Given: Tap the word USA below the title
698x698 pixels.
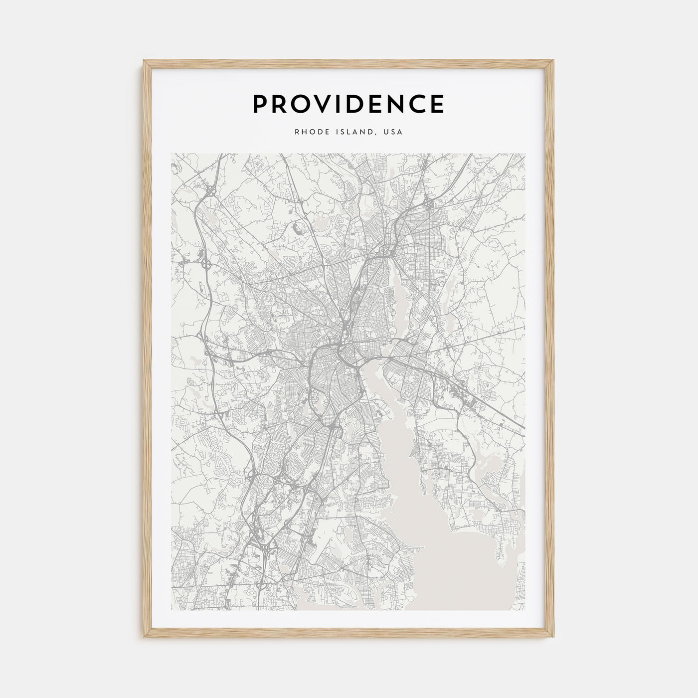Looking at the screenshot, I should tap(393, 133).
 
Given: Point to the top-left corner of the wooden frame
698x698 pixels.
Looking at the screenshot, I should tap(145, 61).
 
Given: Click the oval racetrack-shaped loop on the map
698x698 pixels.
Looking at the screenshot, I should tap(298, 229).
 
